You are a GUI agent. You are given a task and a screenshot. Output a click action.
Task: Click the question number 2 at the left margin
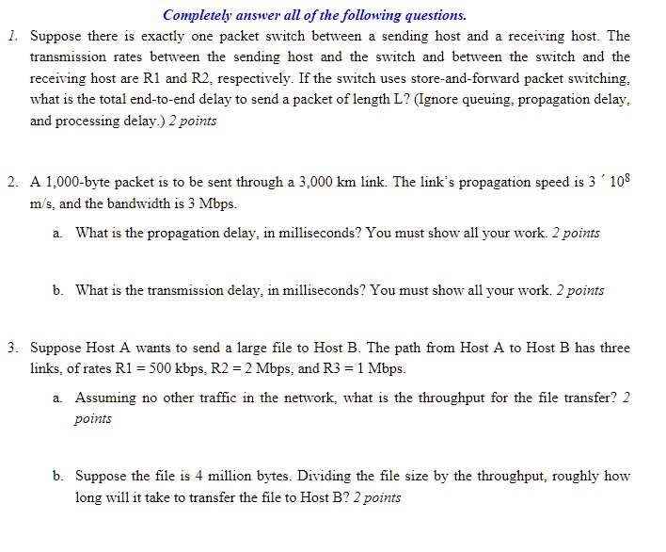10,183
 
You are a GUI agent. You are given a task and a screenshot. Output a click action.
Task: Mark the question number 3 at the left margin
10,348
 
